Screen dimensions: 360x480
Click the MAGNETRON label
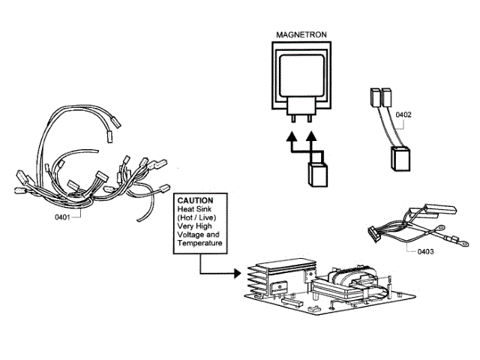coord(301,34)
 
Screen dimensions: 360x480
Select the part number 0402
coord(403,115)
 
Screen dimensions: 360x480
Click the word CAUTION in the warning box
coord(193,201)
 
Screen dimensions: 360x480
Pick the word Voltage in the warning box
coord(190,234)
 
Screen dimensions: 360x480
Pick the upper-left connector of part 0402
coord(375,97)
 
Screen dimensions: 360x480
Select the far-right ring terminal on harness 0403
coord(464,244)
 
